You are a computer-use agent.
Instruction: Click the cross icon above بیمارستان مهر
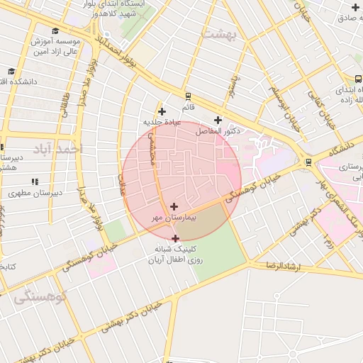point(174,206)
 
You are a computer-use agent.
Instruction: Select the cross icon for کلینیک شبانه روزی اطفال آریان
point(176,239)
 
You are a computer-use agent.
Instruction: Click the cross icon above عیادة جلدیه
point(162,111)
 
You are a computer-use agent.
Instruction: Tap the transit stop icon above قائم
point(188,96)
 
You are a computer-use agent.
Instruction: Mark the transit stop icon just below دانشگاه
point(308,162)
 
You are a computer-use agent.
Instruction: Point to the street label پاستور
point(230,89)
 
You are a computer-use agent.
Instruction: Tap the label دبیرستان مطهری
point(35,192)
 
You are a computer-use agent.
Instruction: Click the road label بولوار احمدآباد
point(113,56)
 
